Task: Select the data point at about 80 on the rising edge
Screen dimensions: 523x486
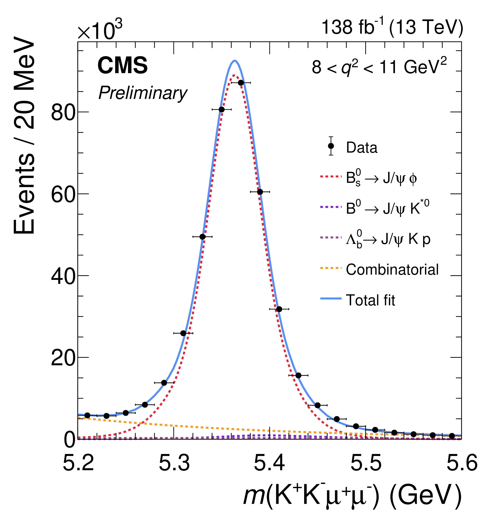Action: coord(221,109)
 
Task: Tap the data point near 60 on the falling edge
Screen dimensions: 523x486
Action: coord(260,192)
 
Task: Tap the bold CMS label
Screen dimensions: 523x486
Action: coord(123,66)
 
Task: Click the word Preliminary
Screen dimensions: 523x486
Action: coord(143,93)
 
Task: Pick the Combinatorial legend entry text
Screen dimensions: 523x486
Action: coord(392,270)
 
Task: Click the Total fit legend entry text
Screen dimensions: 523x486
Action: coord(370,300)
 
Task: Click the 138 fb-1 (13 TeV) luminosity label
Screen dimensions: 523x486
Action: coord(392,28)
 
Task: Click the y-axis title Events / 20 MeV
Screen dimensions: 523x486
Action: coord(24,135)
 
